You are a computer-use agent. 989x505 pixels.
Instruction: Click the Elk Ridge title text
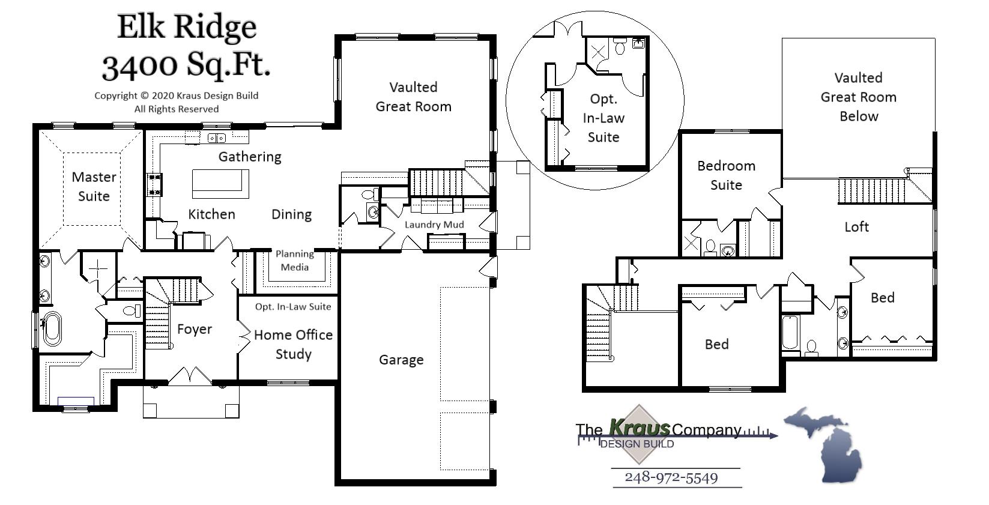point(186,27)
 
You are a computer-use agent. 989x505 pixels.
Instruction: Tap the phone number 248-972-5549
point(671,477)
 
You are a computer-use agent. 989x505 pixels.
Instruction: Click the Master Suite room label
point(94,186)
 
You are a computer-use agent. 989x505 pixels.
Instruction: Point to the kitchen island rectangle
point(220,184)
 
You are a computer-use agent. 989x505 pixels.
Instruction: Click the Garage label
point(401,360)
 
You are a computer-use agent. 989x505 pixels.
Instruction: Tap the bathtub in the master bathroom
point(52,328)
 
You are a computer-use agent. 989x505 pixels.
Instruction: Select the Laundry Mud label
point(434,225)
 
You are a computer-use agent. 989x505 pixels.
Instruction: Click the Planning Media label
point(295,261)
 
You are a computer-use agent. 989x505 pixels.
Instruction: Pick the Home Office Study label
point(293,344)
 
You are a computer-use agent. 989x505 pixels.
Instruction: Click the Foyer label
point(194,329)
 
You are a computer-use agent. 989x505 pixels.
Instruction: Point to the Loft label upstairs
point(856,227)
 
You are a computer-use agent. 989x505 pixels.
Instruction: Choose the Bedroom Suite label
point(726,175)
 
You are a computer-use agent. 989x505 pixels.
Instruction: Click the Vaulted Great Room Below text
point(858,97)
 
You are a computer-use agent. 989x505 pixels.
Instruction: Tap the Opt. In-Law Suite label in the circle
point(603,118)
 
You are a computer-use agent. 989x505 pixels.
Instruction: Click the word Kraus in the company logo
point(640,428)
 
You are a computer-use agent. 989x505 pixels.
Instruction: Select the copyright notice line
point(176,95)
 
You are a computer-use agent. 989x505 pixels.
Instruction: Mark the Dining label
point(291,214)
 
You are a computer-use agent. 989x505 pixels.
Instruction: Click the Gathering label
point(249,157)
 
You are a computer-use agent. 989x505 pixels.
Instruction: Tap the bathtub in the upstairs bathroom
point(790,333)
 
